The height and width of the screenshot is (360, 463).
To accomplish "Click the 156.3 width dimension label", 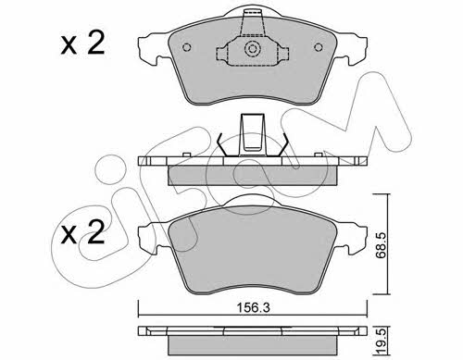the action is [x=253, y=307].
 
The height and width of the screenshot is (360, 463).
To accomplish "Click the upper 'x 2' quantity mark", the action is [x=82, y=43].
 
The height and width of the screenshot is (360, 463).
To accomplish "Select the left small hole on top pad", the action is [x=187, y=47].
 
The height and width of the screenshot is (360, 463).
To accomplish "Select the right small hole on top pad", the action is [x=319, y=47].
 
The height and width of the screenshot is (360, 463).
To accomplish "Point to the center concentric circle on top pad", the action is [x=253, y=49].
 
